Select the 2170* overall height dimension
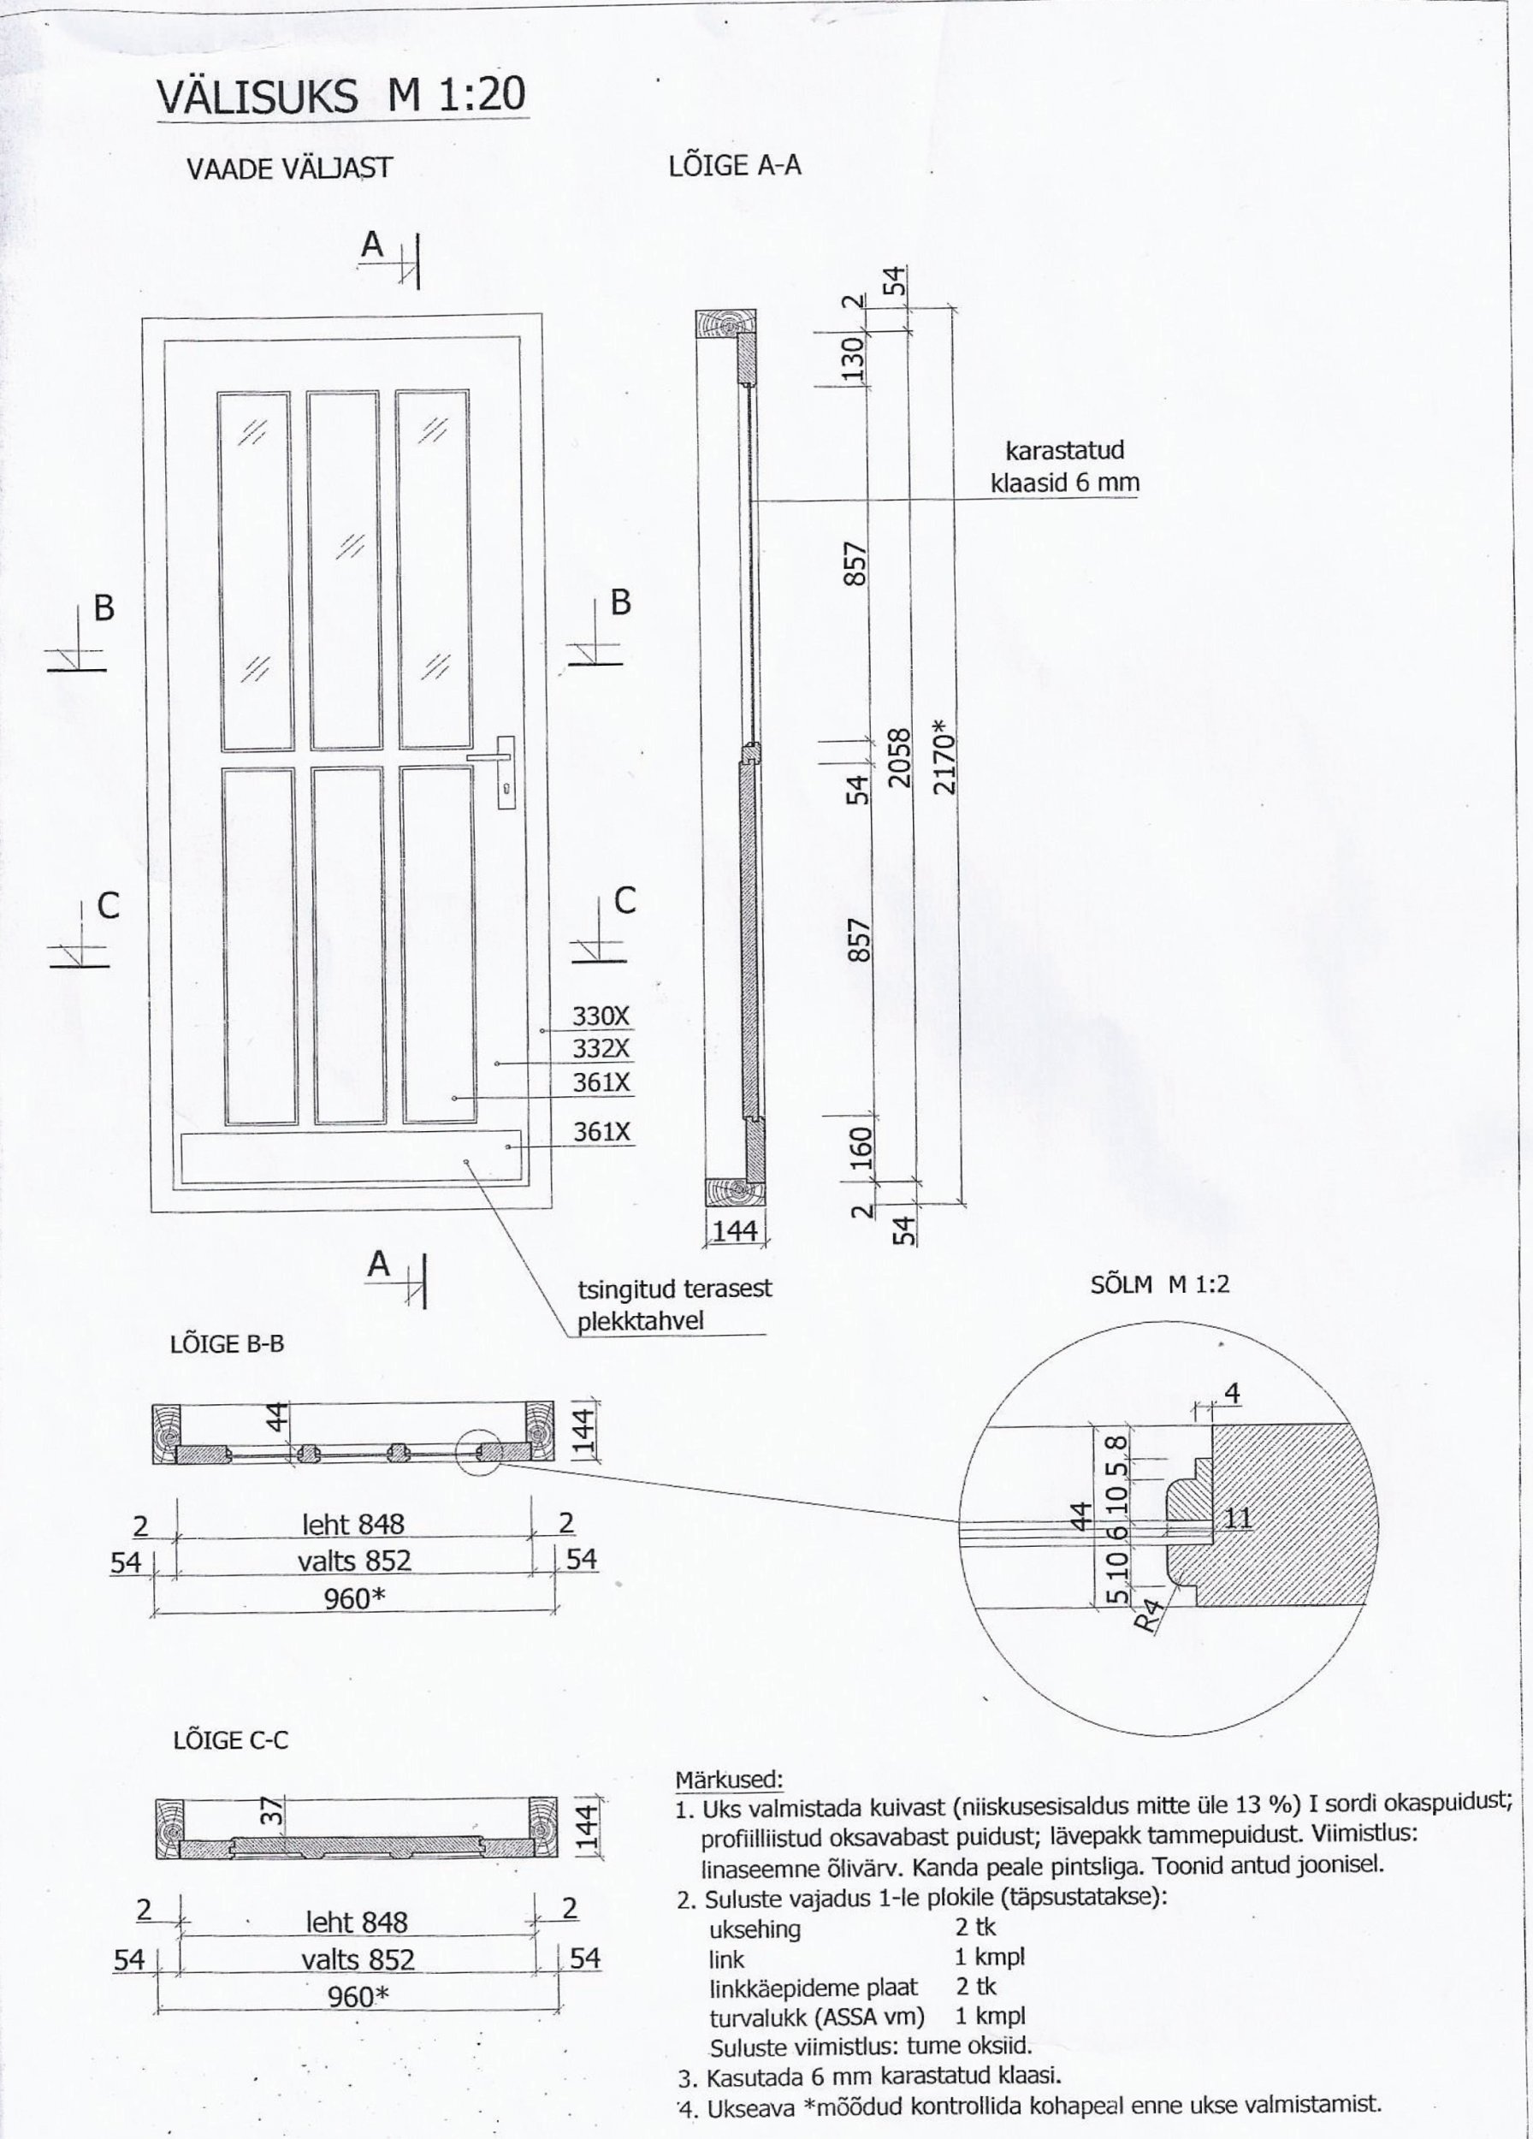(x=944, y=755)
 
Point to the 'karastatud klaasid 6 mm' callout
(x=1063, y=466)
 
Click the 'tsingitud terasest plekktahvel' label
(x=673, y=1304)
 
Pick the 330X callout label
(x=601, y=1016)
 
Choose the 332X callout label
(x=601, y=1048)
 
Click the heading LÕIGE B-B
(x=227, y=1344)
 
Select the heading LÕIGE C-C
(x=230, y=1740)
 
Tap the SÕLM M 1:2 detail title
(x=1160, y=1284)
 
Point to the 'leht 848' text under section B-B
(x=352, y=1524)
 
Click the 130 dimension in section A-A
(x=852, y=358)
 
